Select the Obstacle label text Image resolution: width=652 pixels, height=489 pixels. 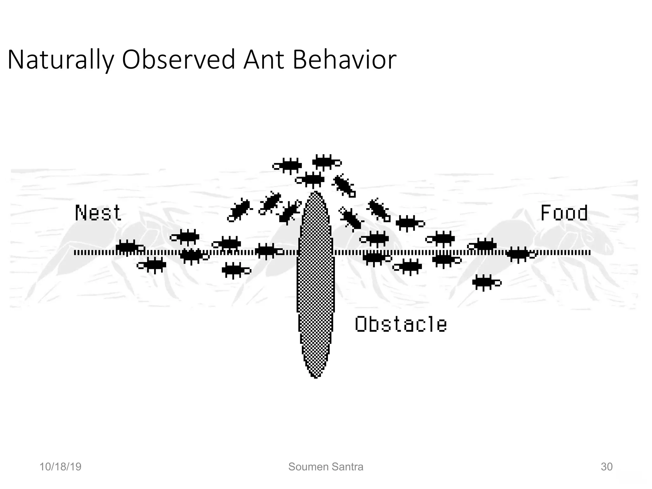400,324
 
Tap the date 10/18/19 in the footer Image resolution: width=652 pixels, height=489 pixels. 60,467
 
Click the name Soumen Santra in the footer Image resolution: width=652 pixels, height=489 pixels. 326,467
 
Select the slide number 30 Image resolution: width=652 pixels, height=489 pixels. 606,467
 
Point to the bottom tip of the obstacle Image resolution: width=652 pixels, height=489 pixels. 315,378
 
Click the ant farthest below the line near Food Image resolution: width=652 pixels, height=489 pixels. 486,282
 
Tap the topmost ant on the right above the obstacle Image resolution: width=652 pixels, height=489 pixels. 326,162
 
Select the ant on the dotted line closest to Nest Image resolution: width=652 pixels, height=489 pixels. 129,247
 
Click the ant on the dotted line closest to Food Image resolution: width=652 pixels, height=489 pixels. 520,254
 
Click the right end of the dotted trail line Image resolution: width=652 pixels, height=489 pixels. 590,253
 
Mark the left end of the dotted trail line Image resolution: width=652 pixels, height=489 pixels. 75,253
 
